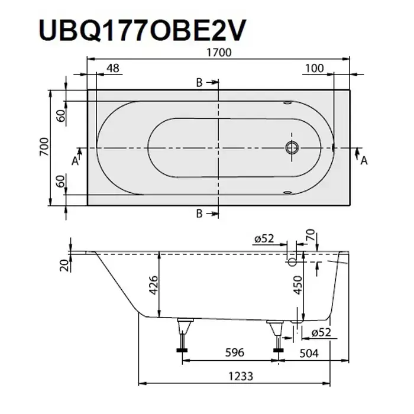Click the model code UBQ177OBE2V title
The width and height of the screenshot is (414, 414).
click(x=143, y=30)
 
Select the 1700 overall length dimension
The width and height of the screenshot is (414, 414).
click(x=219, y=53)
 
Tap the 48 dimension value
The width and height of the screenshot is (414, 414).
click(x=113, y=68)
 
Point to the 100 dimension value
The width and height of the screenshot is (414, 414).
click(x=315, y=69)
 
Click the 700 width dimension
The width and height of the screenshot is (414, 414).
click(x=44, y=147)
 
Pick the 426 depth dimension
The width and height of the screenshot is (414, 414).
click(x=153, y=285)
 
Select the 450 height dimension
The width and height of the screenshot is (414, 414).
click(x=298, y=285)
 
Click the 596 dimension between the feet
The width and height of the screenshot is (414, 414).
click(x=234, y=352)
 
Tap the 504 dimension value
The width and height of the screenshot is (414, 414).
click(x=309, y=352)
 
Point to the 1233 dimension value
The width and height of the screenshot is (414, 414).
click(x=241, y=376)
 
